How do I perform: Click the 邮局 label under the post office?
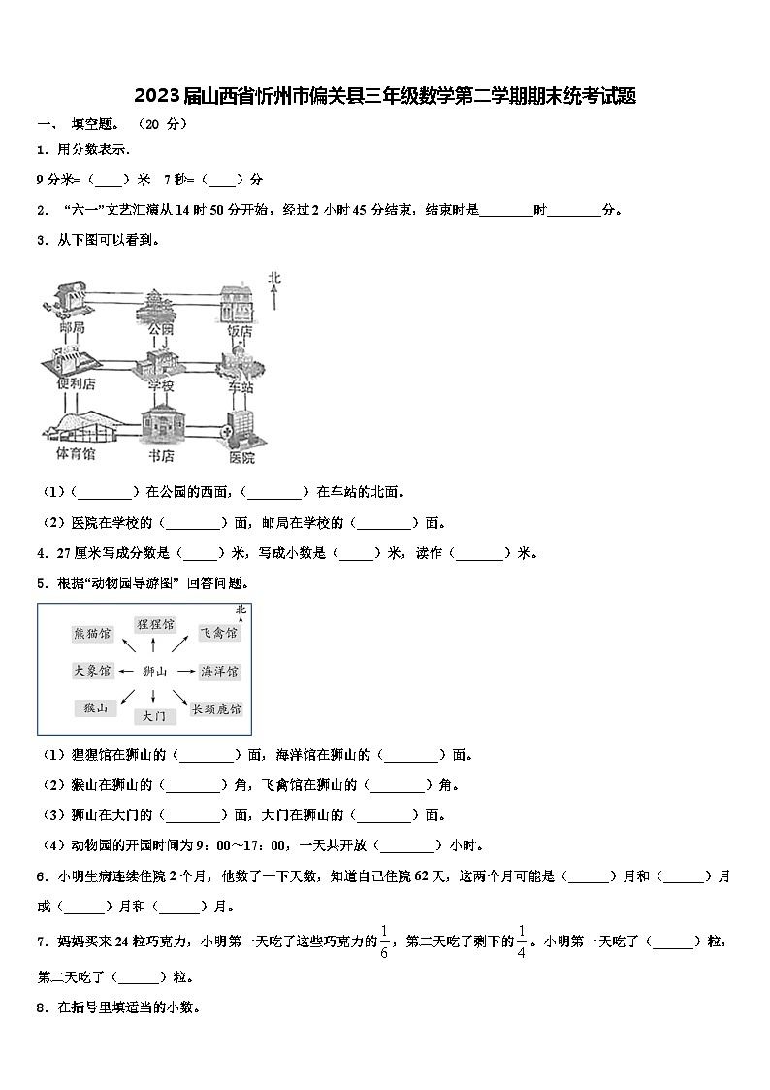71,328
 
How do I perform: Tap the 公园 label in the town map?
160,328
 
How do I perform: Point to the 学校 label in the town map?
160,385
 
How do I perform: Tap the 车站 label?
241,385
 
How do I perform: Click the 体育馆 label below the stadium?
75,454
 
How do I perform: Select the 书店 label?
160,454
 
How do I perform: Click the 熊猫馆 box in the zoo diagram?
92,634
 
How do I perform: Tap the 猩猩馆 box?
155,623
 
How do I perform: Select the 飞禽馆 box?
217,633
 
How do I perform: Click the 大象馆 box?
92,671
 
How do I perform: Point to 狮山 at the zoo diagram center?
155,671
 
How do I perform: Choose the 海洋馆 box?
219,671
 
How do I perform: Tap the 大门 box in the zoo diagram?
153,716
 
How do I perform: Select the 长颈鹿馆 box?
215,710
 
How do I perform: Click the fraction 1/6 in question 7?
384,941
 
